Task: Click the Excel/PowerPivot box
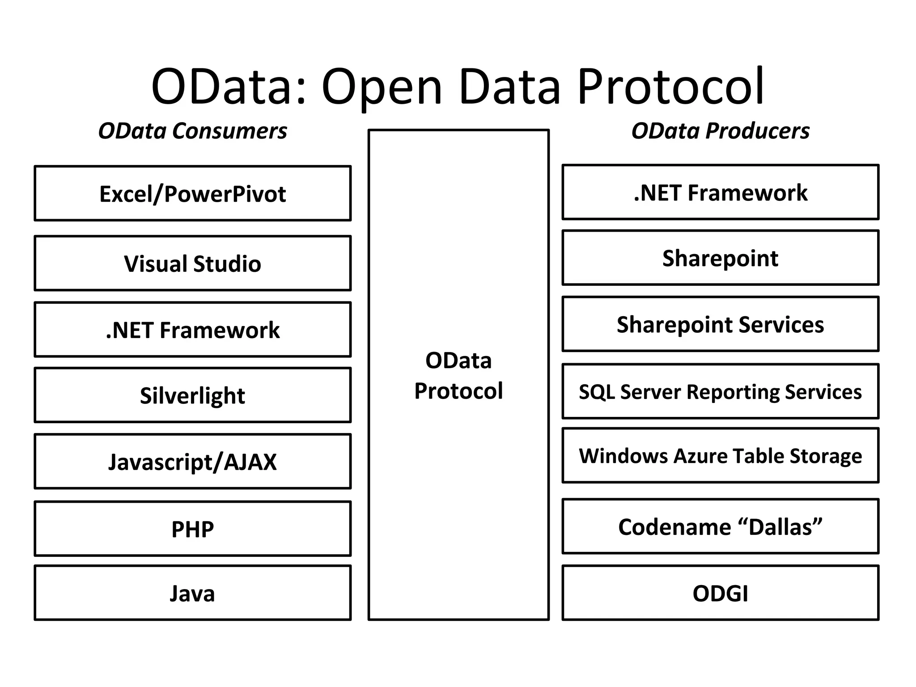(192, 194)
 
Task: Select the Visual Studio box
(192, 263)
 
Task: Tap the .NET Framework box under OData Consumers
(192, 330)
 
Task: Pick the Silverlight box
(192, 395)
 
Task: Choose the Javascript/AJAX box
(192, 462)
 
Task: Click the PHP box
(192, 529)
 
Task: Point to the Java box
(192, 593)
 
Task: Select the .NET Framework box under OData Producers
(720, 192)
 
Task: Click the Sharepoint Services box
(720, 324)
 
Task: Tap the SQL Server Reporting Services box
(720, 392)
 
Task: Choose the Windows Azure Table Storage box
(720, 456)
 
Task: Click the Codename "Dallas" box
(720, 526)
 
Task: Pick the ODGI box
(720, 593)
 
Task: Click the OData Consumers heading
(192, 131)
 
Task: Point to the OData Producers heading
(720, 131)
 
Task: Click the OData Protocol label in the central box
(458, 376)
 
